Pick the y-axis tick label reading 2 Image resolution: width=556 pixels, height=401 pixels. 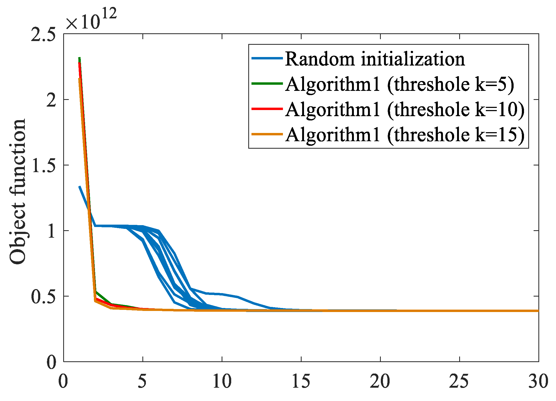click(x=51, y=100)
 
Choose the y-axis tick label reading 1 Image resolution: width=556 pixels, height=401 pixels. click(x=51, y=231)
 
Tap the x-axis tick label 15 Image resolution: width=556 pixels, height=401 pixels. click(x=301, y=381)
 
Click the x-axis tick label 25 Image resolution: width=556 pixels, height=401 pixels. click(x=459, y=381)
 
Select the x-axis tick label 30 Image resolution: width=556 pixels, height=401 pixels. click(x=538, y=381)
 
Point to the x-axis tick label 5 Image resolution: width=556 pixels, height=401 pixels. click(x=142, y=381)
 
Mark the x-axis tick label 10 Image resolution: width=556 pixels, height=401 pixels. click(x=222, y=381)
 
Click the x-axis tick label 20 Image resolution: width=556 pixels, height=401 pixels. click(x=380, y=381)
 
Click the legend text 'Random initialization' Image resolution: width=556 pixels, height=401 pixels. click(x=375, y=59)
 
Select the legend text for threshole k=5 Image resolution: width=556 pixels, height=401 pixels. click(x=399, y=84)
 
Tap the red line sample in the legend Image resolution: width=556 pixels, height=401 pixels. click(x=267, y=109)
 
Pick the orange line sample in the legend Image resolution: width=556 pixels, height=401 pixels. click(x=267, y=134)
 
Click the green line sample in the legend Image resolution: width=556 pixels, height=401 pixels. click(x=267, y=84)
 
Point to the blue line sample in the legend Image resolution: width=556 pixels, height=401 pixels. click(x=267, y=58)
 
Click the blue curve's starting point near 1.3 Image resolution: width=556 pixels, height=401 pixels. click(x=79, y=187)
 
